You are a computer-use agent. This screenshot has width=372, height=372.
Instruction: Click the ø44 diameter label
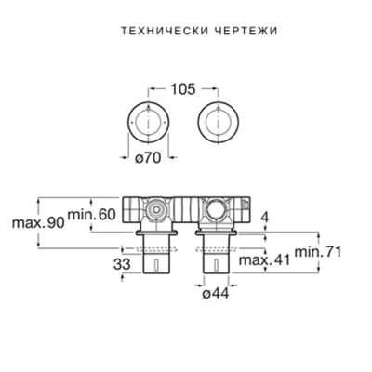216,295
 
